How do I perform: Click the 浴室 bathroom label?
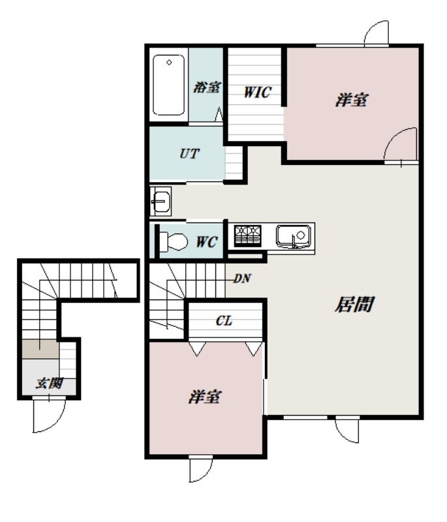(x=207, y=87)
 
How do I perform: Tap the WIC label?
(x=257, y=93)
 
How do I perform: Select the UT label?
(x=189, y=155)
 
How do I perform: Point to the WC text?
(x=207, y=241)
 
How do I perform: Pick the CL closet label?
(x=224, y=321)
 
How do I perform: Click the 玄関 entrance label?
(x=48, y=383)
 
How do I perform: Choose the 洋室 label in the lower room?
(x=204, y=397)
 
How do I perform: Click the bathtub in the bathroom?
(x=169, y=85)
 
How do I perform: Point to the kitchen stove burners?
(x=247, y=234)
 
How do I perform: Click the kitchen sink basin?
(x=288, y=234)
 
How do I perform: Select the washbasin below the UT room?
(x=160, y=201)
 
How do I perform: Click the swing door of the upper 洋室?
(x=401, y=144)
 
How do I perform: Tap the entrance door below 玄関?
(x=49, y=416)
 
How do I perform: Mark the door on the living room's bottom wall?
(x=347, y=429)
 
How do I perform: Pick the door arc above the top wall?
(x=378, y=31)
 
